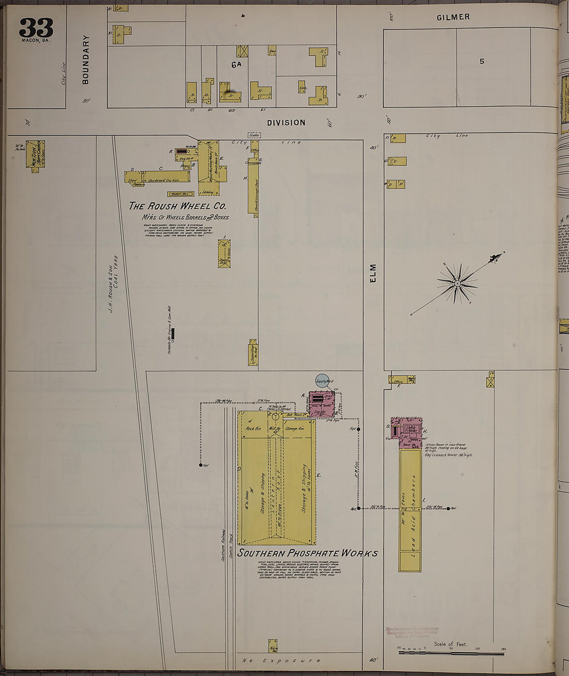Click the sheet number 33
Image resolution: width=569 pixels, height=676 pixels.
click(36, 27)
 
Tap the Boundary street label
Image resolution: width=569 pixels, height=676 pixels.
click(85, 59)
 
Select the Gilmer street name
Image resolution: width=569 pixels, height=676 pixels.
click(453, 17)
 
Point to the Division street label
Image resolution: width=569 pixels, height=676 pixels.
click(286, 123)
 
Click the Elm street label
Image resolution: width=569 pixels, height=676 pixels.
click(373, 273)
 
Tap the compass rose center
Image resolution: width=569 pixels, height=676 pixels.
click(457, 284)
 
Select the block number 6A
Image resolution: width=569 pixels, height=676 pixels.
click(236, 65)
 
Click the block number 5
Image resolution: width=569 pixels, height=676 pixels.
click(482, 61)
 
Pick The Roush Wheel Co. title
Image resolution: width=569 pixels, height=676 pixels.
click(177, 206)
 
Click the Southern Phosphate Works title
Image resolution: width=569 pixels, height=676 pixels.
click(307, 553)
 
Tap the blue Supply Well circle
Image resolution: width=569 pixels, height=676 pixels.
click(322, 381)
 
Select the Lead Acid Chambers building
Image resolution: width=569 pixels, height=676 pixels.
click(410, 510)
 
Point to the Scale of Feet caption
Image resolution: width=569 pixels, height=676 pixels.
click(450, 644)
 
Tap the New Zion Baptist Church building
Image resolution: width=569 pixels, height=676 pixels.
click(35, 154)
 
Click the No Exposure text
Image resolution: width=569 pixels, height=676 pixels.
click(281, 660)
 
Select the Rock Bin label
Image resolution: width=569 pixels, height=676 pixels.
click(253, 429)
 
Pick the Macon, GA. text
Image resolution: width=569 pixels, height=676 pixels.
click(36, 40)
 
